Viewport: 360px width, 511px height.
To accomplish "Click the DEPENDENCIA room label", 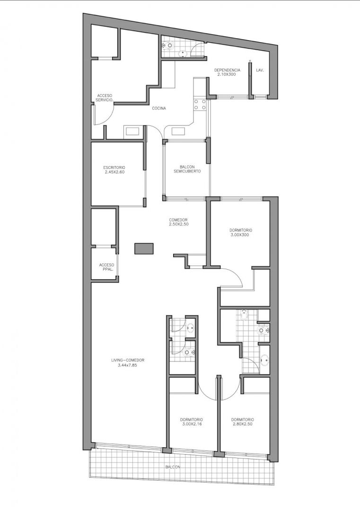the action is click(x=227, y=72).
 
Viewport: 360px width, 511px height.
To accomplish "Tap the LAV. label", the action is click(x=260, y=70).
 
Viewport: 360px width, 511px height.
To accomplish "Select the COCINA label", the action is click(x=159, y=108).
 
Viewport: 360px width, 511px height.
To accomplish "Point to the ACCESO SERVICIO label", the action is click(x=105, y=98).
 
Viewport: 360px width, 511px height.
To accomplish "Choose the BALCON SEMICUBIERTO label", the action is click(x=187, y=168).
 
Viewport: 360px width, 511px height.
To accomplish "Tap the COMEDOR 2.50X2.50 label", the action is click(x=178, y=222).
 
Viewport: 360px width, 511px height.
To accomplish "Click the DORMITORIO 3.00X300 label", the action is click(x=240, y=232).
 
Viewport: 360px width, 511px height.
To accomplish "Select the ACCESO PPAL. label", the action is click(x=106, y=267).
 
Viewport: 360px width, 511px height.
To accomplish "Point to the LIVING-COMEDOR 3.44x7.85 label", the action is click(x=127, y=363).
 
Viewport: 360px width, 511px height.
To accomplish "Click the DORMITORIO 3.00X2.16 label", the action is click(x=192, y=422).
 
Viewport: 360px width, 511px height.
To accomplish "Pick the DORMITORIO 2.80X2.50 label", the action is click(x=242, y=422).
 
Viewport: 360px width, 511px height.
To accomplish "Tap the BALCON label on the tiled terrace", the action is click(x=173, y=467).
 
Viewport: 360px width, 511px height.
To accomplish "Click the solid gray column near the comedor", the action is click(x=144, y=248).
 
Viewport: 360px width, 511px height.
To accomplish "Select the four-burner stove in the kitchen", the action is click(x=200, y=104).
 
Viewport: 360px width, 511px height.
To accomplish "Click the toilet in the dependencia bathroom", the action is click(x=168, y=46).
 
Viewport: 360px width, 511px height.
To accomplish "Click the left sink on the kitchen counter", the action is click(x=132, y=132).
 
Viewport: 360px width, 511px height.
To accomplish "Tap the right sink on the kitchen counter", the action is click(x=178, y=132).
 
